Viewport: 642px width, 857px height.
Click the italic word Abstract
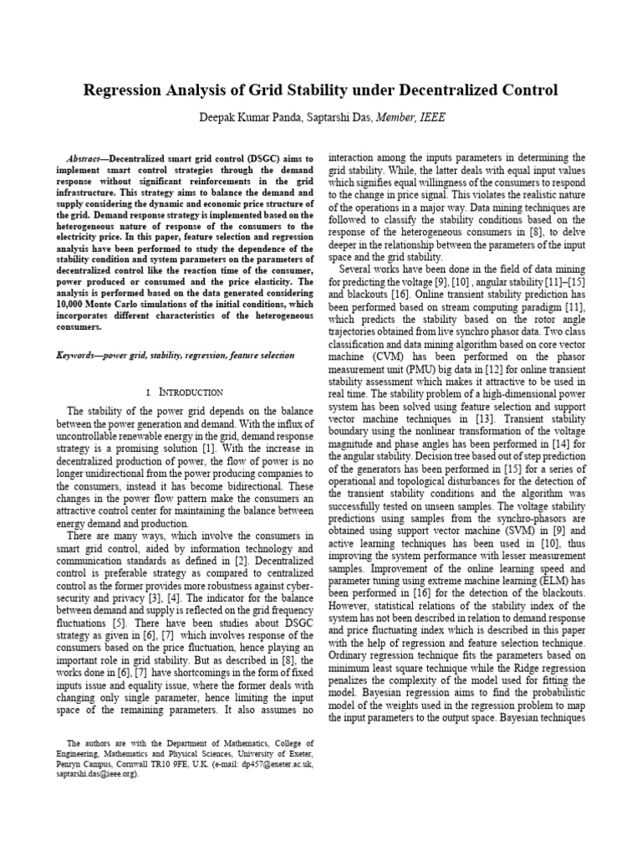point(84,159)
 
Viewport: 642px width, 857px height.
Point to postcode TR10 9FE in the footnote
point(169,764)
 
